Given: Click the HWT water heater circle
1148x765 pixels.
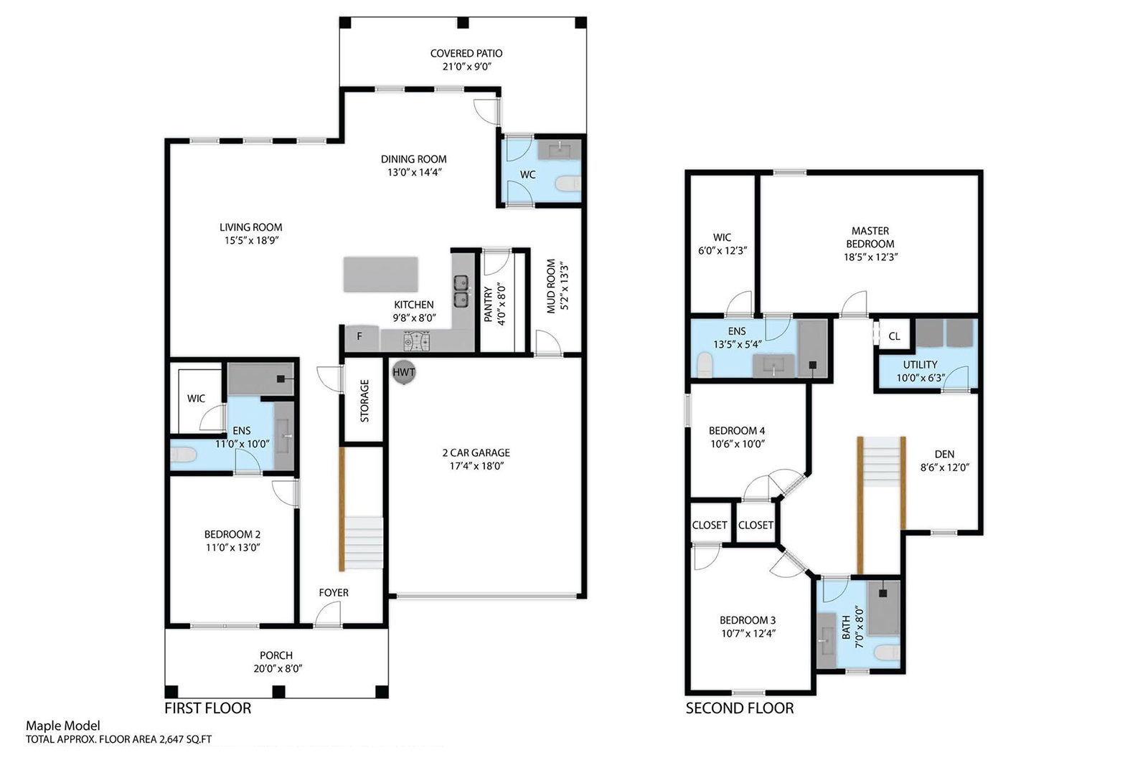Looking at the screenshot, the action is click(x=404, y=372).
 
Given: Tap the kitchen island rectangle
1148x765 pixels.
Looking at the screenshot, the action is click(x=381, y=275).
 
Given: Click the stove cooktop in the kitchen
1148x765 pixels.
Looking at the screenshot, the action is click(x=416, y=341).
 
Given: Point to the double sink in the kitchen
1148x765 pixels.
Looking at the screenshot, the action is click(x=461, y=291).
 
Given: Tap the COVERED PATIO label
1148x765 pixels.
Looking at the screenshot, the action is click(x=466, y=53).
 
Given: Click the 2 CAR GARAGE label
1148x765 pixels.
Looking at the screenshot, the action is click(x=476, y=452).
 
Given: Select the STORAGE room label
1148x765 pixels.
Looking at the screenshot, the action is click(x=365, y=400).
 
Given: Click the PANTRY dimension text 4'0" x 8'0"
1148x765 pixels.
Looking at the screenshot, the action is click(x=502, y=305).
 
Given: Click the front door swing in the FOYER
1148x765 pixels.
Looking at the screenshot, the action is click(x=328, y=614).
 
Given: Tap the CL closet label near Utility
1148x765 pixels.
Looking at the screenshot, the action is click(x=894, y=336).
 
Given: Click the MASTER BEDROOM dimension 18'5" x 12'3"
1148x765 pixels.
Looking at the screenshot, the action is click(x=871, y=257).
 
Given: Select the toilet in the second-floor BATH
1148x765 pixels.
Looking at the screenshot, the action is click(x=887, y=652).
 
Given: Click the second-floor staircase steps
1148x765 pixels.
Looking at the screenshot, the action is click(x=882, y=462).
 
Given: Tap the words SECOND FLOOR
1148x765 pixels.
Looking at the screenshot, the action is click(x=740, y=708).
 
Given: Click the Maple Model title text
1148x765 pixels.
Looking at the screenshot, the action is click(x=63, y=726).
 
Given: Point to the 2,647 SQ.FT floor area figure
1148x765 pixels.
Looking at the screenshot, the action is click(x=185, y=739).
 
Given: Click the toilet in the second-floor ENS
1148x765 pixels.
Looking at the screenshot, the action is click(x=705, y=364).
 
